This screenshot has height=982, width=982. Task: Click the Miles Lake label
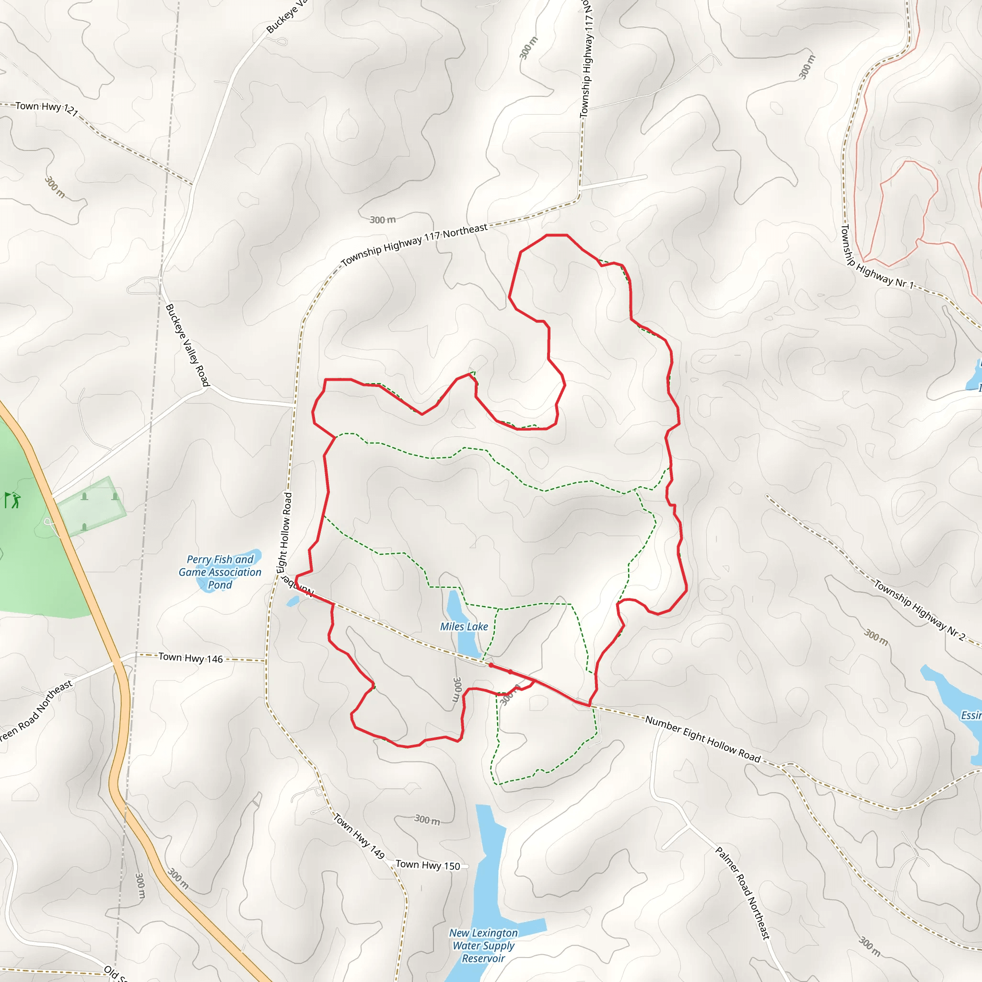[x=464, y=627]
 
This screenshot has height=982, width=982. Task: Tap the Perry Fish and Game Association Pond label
[x=220, y=572]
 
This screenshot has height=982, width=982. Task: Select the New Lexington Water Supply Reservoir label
[x=483, y=946]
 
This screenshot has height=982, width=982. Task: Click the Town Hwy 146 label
[x=191, y=658]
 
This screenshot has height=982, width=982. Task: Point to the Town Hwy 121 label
[x=46, y=108]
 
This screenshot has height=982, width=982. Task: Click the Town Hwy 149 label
[x=359, y=836]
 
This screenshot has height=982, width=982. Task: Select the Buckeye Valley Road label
[x=187, y=345]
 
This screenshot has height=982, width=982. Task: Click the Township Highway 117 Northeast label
[x=414, y=245]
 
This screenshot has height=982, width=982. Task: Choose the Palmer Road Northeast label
[x=743, y=892]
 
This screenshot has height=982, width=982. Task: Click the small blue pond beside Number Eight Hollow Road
[x=293, y=601]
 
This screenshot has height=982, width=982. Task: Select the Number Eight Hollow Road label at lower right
[x=703, y=739]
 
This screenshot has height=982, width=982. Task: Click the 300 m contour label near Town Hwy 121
[x=54, y=187]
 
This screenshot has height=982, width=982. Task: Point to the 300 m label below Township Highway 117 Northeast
[x=382, y=220]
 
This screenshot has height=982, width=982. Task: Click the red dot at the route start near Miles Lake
[x=491, y=666]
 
